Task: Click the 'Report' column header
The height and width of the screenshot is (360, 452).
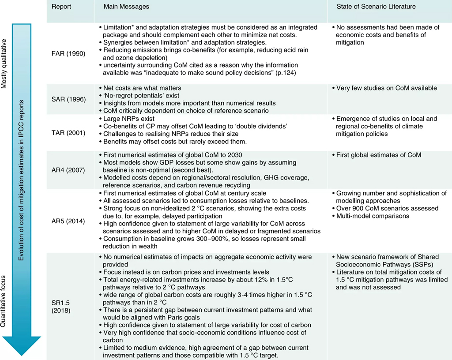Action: point(61,7)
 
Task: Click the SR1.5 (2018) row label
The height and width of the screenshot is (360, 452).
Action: point(62,305)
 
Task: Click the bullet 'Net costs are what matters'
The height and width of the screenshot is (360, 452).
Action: point(142,88)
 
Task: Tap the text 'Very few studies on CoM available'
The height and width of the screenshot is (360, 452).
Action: point(387,88)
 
